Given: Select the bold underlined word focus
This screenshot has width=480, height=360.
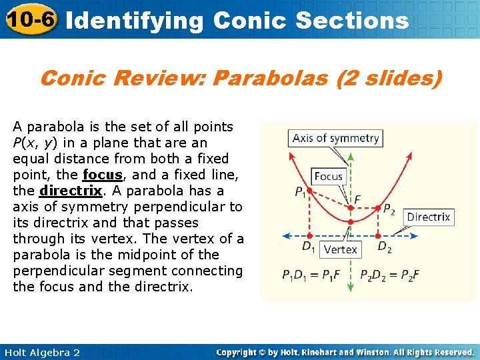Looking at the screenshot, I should [102, 175].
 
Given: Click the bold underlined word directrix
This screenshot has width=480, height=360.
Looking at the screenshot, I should [70, 191].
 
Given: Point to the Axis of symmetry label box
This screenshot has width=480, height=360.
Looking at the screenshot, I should [335, 139].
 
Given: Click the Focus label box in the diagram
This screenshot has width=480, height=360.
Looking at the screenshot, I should [328, 177].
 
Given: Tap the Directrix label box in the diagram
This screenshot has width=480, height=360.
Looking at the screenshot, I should [428, 217].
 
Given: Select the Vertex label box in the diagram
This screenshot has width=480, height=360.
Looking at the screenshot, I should [340, 249].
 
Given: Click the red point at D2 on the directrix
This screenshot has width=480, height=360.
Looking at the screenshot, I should [377, 235].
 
